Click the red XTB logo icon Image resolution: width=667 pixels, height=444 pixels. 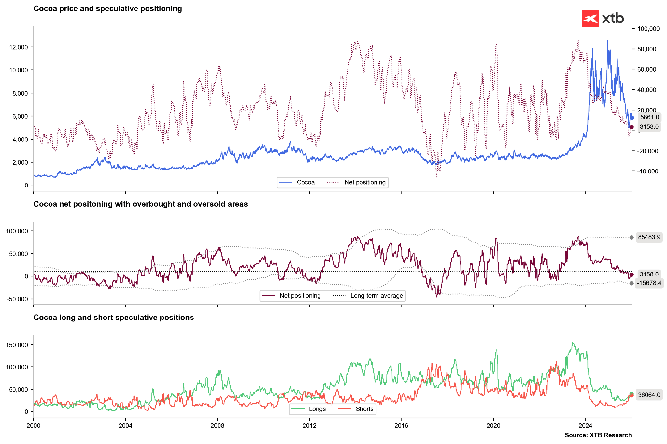pos(590,19)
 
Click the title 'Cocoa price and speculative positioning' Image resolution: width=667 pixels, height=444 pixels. pos(107,9)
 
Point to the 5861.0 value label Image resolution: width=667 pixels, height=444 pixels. pos(649,117)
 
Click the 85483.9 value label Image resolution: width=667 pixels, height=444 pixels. pos(649,237)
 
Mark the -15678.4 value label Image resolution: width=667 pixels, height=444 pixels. pos(649,283)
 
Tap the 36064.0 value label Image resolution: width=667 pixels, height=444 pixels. pos(649,395)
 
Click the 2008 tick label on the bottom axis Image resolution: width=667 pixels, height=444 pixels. pos(217,425)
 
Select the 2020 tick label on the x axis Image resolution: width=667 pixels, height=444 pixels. pos(493,425)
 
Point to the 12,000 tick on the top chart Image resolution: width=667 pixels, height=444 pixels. pos(19,47)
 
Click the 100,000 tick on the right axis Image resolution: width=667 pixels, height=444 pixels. pos(648,29)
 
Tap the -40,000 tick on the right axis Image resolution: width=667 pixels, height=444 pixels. pos(648,171)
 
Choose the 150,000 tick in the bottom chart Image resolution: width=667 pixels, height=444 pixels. pos(18,345)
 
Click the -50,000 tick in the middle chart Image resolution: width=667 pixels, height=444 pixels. pos(18,299)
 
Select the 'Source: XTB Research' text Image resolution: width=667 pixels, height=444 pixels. pos(598,435)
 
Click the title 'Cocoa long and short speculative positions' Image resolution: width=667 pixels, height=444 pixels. pos(114,318)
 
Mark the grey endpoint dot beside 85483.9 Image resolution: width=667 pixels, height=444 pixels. pos(632,238)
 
